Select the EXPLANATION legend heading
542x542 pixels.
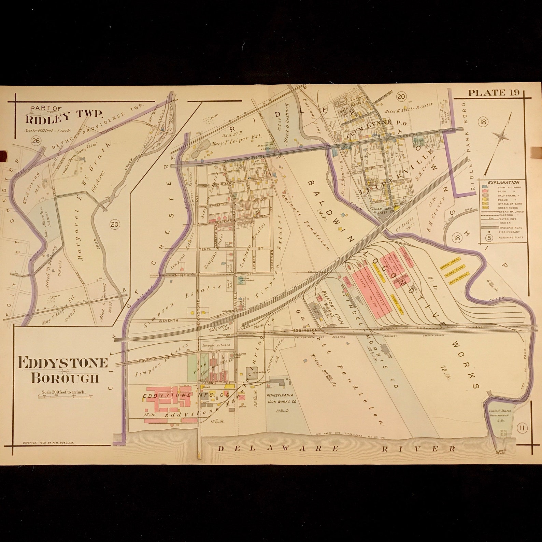[503, 182]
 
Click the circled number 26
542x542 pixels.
[35, 140]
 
